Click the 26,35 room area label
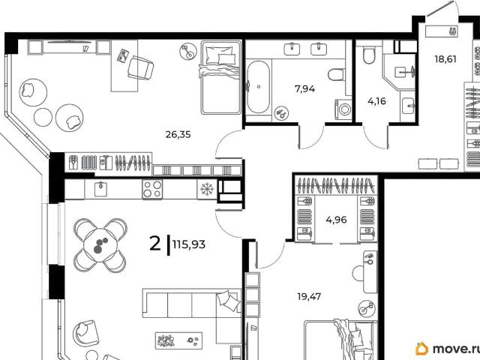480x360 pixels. (x=178, y=134)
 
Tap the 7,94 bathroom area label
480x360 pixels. (x=304, y=89)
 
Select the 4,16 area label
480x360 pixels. (x=376, y=101)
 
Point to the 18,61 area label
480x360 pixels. (x=445, y=58)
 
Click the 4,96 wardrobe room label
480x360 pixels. (x=336, y=220)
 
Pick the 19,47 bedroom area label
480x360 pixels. (x=309, y=296)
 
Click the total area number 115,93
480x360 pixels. (x=189, y=244)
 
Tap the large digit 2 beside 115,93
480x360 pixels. (x=155, y=244)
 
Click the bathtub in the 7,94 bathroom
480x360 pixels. (x=258, y=87)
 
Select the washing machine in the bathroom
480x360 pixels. (x=344, y=109)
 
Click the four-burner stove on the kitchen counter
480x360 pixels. (x=152, y=189)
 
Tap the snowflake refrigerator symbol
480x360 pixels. (x=207, y=189)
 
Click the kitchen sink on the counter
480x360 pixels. (x=100, y=188)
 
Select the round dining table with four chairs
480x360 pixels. (x=100, y=245)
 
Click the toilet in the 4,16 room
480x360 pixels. (x=369, y=55)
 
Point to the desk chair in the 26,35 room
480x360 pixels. (x=140, y=67)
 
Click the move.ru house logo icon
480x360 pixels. (x=421, y=349)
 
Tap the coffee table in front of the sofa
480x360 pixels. (x=178, y=340)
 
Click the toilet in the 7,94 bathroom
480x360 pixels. (x=337, y=74)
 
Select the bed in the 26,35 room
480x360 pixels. (x=220, y=78)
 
